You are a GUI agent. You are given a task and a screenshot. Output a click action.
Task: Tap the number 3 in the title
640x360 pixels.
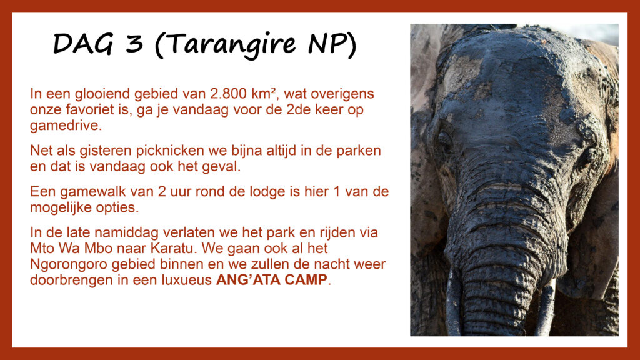pos(134,43)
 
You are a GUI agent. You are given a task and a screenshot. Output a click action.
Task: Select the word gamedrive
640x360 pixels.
pos(64,126)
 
